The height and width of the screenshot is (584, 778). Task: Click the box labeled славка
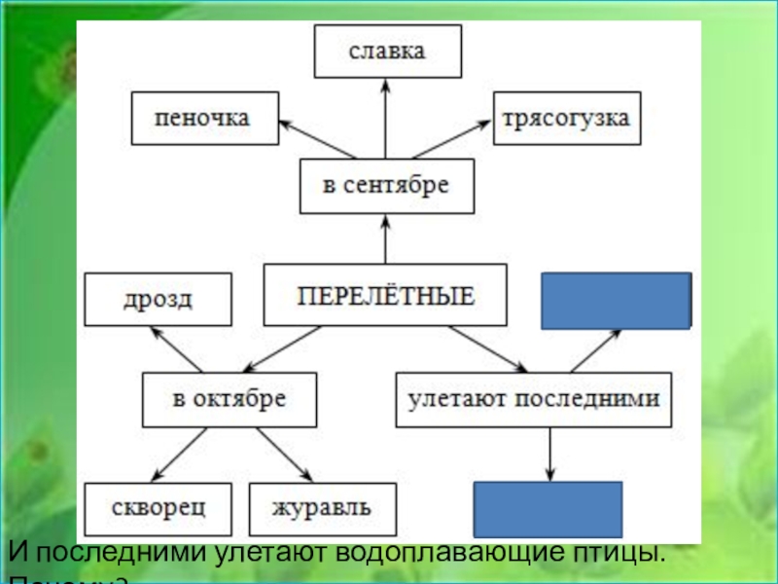click(x=387, y=52)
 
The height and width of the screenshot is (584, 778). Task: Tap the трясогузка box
click(x=566, y=118)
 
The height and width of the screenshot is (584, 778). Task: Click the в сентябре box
click(x=386, y=187)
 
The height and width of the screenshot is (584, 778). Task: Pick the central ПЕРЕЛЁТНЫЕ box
click(x=385, y=294)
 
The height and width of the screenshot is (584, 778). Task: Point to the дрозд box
click(x=158, y=299)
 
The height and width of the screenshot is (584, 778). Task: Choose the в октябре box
click(x=230, y=400)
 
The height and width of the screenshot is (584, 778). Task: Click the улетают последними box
click(x=534, y=400)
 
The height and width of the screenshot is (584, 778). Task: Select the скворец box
click(x=158, y=508)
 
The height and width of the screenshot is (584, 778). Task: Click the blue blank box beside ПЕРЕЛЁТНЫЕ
click(x=616, y=299)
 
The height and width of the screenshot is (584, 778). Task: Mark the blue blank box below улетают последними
click(x=547, y=509)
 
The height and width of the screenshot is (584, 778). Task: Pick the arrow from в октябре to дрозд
click(x=176, y=349)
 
